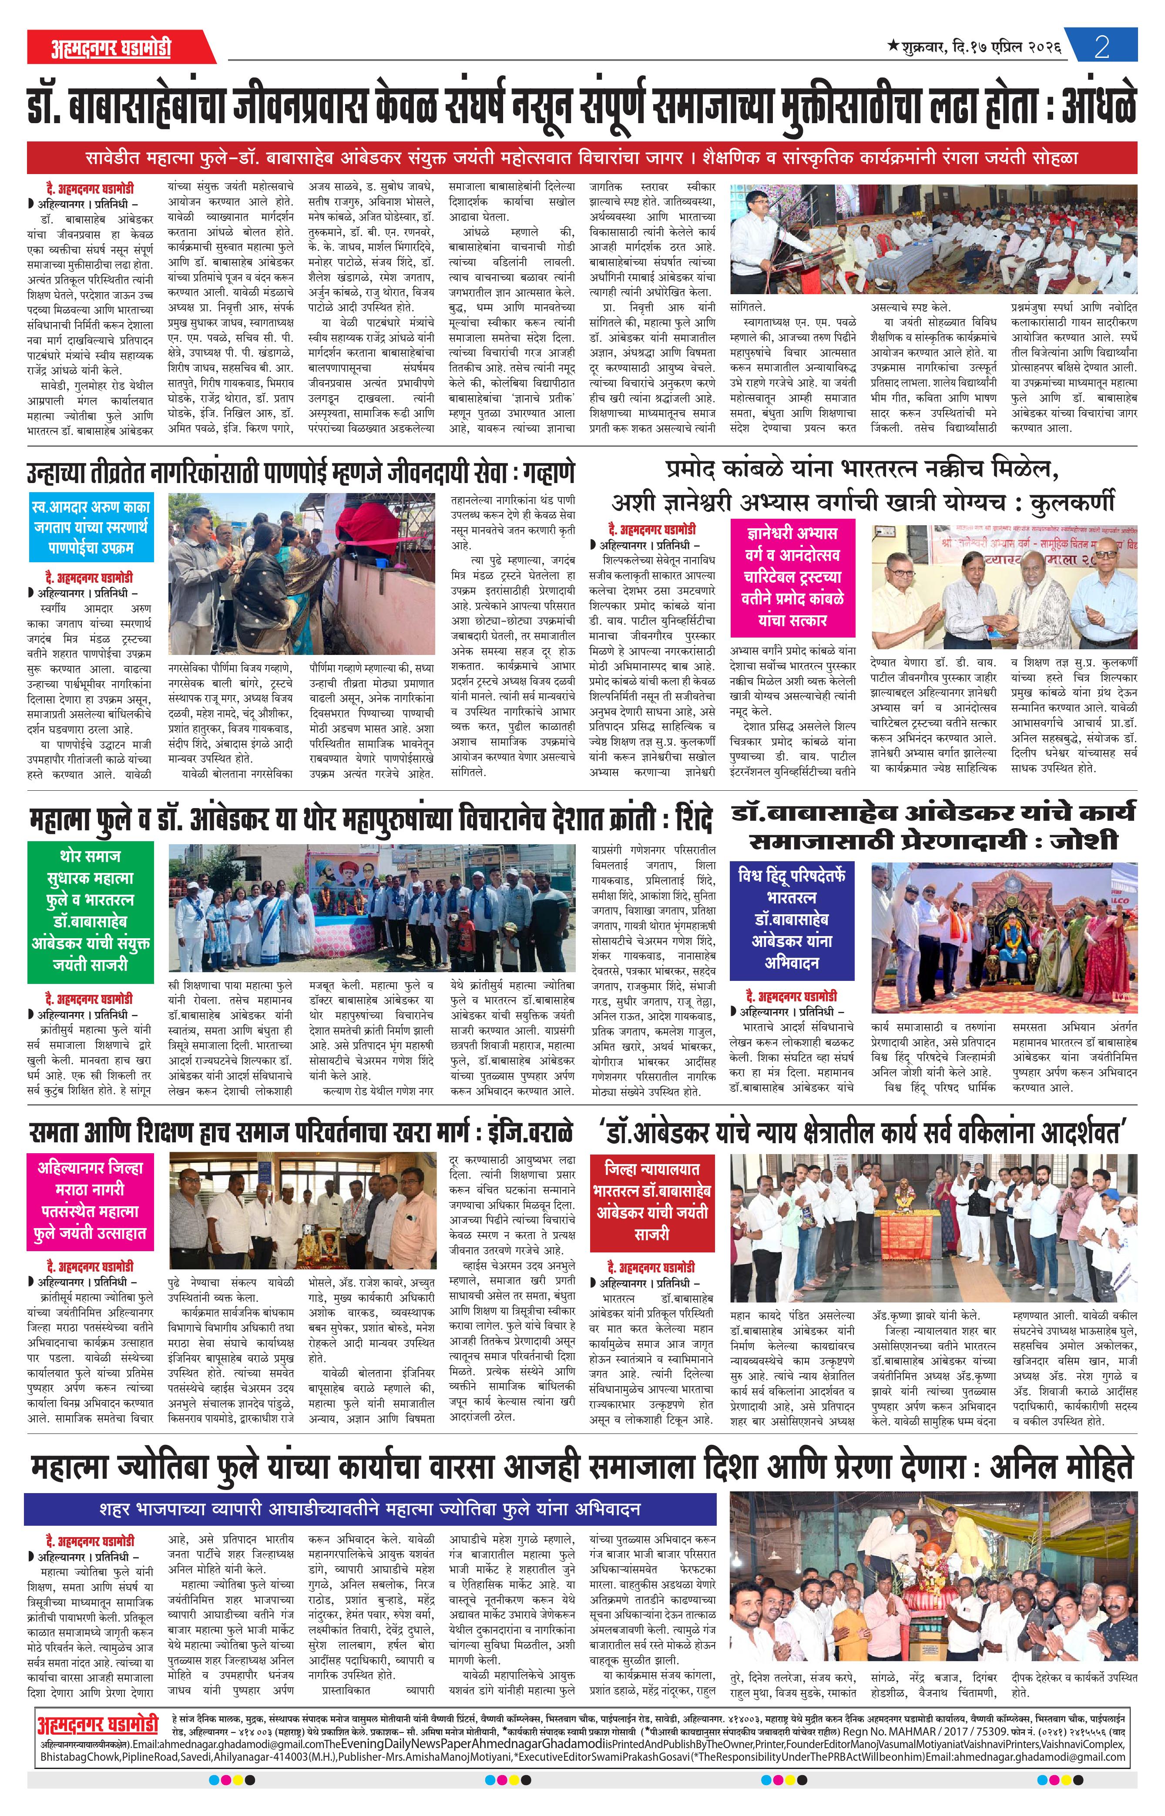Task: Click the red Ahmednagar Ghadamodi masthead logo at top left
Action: (111, 48)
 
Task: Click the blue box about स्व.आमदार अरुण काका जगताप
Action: (91, 527)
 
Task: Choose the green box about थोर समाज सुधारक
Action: (91, 911)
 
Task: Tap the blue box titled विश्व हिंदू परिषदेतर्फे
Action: (792, 919)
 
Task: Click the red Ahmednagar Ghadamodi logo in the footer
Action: (97, 1705)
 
